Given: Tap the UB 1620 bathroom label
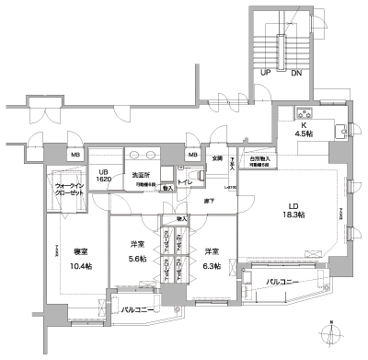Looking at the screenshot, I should (104, 174).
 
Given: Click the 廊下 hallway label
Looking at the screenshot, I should (210, 200).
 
